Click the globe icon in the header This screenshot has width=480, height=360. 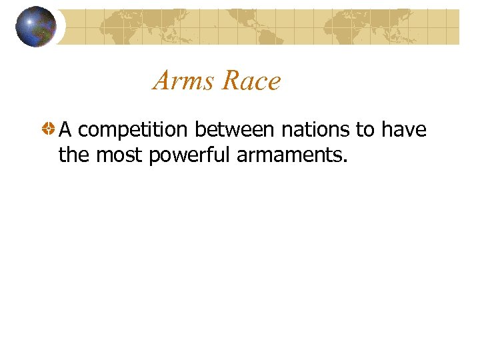36,27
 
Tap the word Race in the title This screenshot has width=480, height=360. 251,81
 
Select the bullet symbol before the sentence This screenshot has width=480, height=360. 48,130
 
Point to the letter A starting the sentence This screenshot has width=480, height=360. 65,129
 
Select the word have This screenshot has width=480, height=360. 403,129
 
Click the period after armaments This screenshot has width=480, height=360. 345,161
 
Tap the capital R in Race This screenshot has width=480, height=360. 230,81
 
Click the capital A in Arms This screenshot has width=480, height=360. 163,81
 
